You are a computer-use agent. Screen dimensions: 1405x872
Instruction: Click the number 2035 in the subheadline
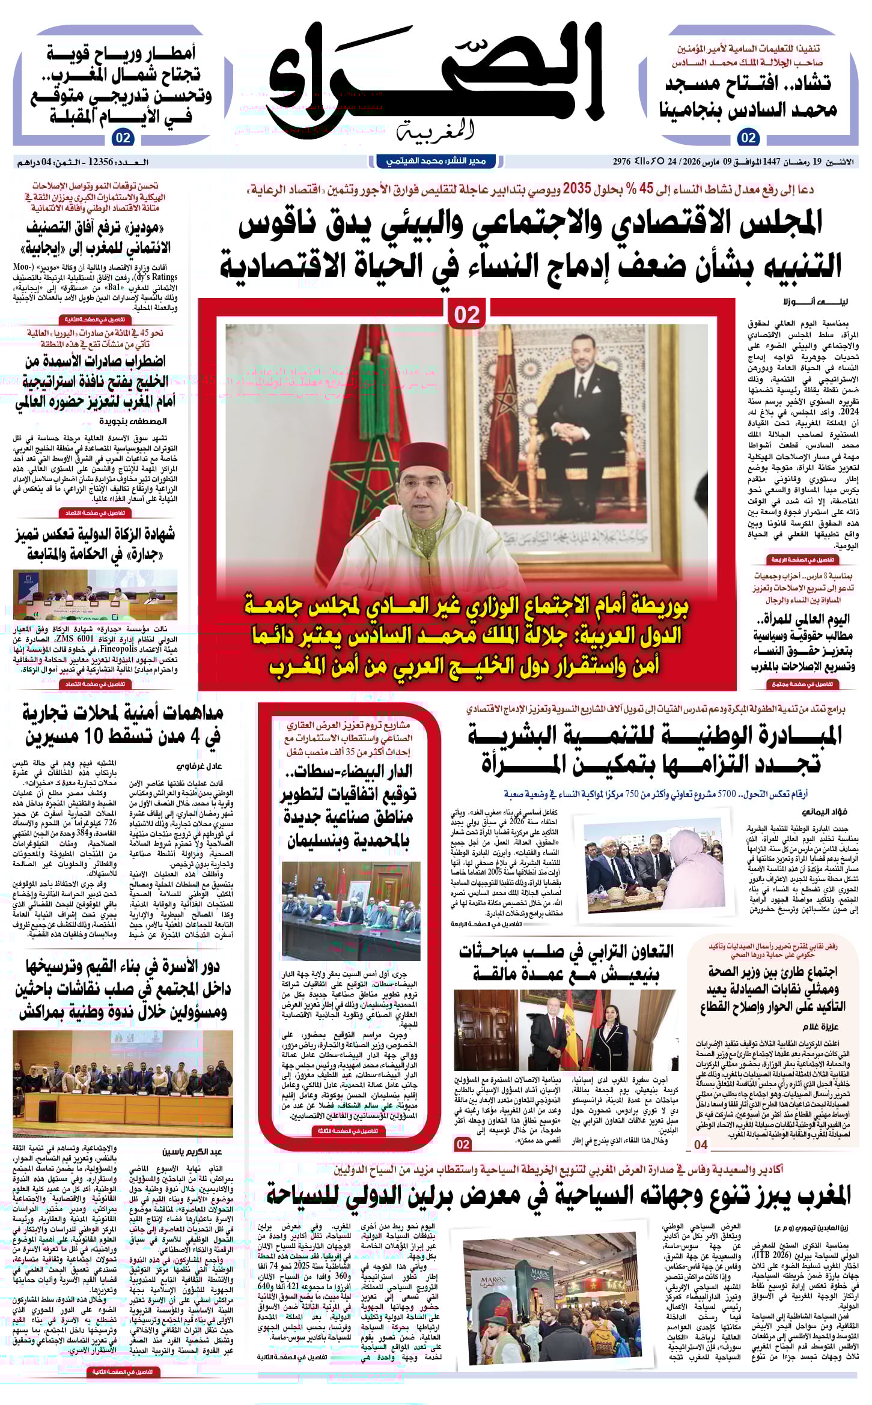[577, 189]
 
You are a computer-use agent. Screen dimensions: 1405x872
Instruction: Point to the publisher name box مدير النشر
[436, 161]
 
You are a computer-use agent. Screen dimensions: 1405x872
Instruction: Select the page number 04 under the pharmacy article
[701, 1145]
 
